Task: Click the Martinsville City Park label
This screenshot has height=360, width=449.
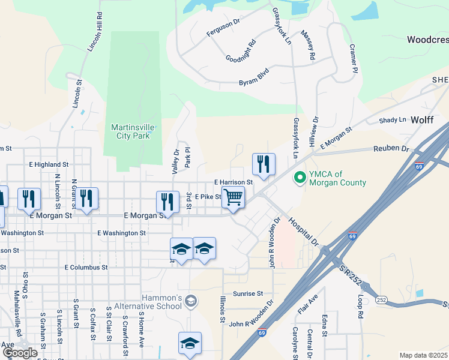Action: tap(130, 131)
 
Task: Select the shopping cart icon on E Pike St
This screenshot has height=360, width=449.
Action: tap(233, 197)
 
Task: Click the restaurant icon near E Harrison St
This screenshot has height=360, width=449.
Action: tap(264, 164)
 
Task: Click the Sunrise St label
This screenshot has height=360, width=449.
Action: tap(248, 294)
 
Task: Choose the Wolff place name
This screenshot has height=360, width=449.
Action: tap(422, 120)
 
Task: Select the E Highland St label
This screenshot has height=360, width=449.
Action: tap(49, 164)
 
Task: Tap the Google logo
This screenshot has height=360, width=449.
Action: tap(20, 353)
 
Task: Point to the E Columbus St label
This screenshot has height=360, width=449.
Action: tap(85, 267)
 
